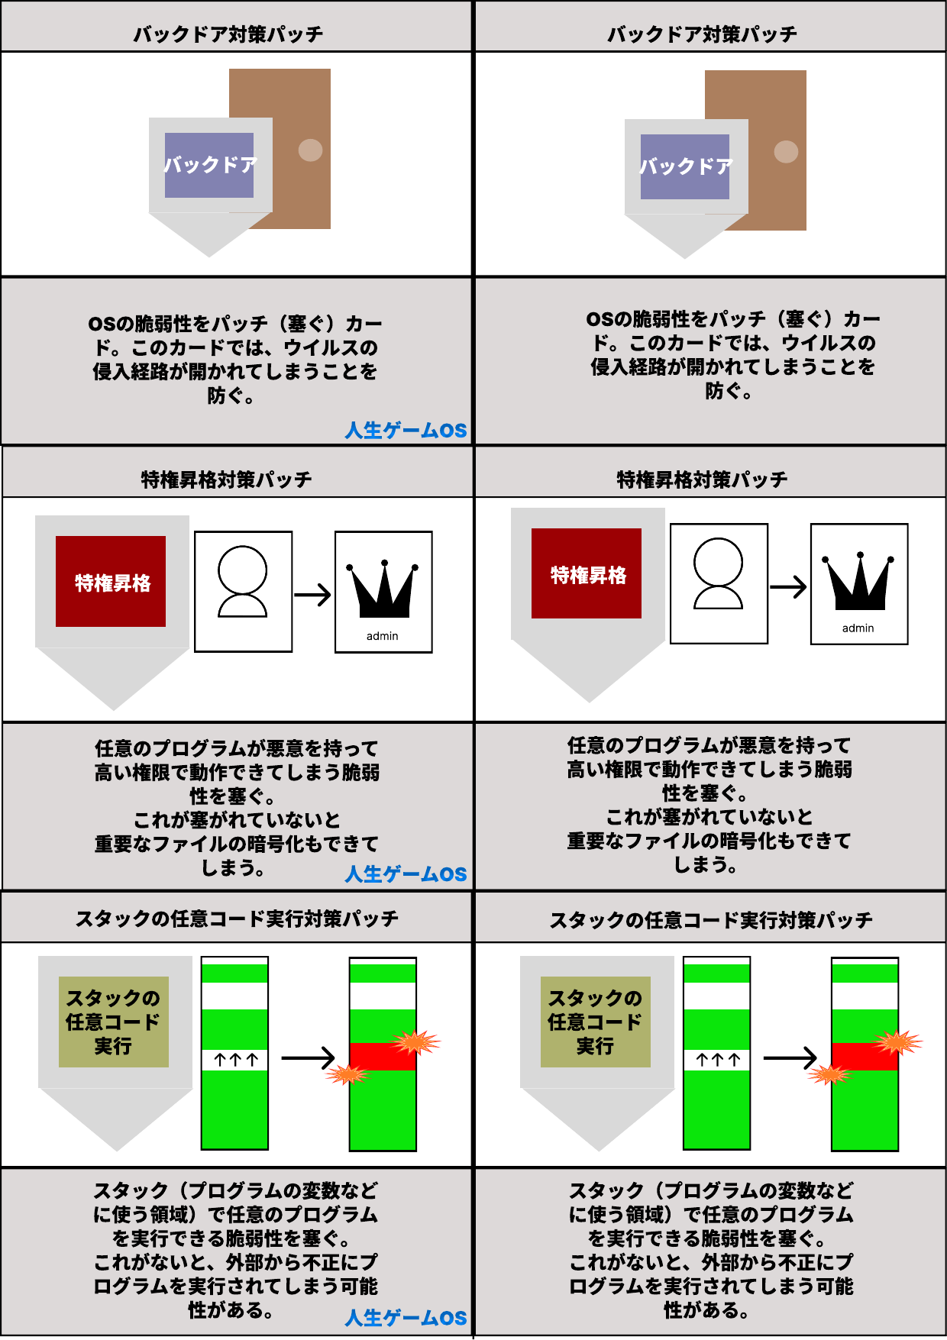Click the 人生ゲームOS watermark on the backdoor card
406,431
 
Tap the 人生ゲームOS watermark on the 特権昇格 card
406,874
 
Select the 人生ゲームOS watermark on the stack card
406,1318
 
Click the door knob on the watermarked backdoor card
310,150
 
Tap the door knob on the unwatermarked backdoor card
786,151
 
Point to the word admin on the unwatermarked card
858,628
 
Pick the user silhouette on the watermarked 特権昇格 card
243,581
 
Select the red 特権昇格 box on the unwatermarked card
587,573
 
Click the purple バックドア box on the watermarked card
209,165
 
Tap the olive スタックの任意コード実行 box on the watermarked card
114,1022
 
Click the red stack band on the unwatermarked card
865,1057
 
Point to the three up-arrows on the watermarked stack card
236,1060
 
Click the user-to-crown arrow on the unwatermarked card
788,587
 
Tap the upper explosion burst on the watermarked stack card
416,1042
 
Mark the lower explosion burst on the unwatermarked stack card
829,1075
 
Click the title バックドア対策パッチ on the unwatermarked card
702,34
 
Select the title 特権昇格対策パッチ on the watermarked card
227,480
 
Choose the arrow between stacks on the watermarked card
309,1058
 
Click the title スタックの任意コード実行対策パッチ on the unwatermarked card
711,921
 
